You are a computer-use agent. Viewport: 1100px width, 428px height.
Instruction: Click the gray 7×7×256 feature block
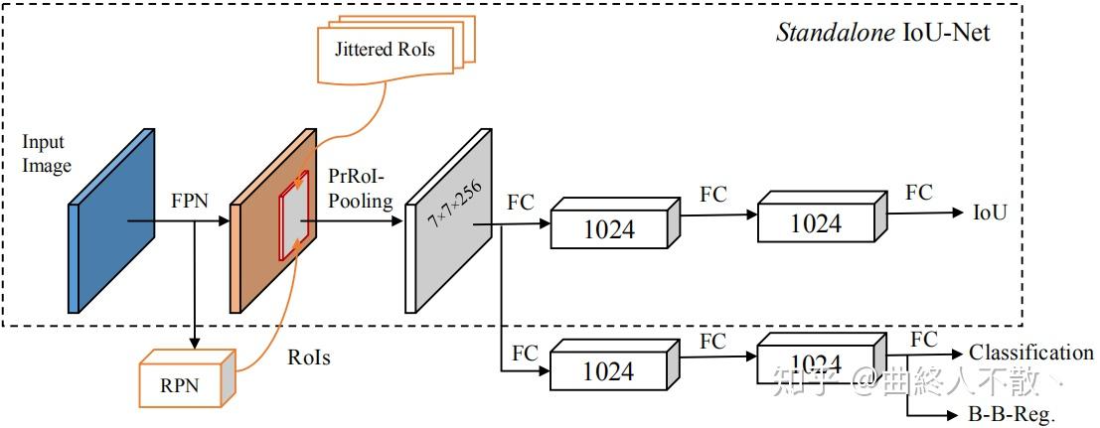(448, 220)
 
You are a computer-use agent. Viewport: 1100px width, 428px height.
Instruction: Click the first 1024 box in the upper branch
(608, 230)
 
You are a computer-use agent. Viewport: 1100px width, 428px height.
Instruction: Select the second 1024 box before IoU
(815, 222)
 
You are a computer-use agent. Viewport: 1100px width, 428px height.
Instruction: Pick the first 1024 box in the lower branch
(608, 370)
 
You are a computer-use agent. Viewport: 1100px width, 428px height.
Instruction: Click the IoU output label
(990, 212)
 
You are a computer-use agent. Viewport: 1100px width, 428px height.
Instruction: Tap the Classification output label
(1030, 353)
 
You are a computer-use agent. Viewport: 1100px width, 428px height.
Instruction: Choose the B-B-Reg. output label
(1011, 415)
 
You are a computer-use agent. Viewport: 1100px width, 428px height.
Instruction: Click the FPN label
(189, 201)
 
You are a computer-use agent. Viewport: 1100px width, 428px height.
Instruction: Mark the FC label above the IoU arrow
(918, 192)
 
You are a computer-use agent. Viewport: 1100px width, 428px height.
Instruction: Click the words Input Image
(47, 154)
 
